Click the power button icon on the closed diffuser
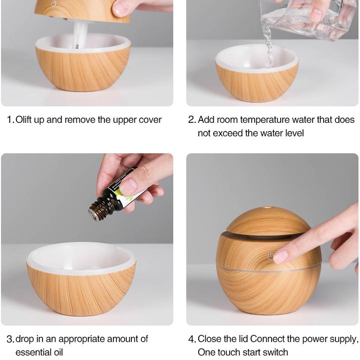tap(270, 256)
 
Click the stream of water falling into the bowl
tap(269, 47)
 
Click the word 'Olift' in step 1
tap(26, 120)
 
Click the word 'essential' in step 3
tap(31, 353)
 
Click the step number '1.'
tap(10, 120)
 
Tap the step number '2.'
tap(192, 120)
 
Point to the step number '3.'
tap(10, 340)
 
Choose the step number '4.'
tap(192, 340)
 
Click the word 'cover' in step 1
tap(150, 120)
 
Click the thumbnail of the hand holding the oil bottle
tap(128, 186)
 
